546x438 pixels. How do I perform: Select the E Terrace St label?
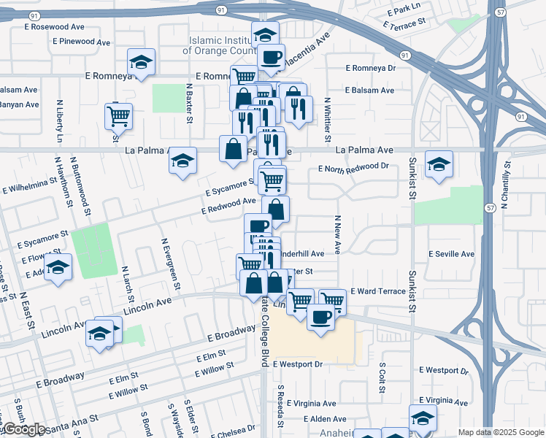[404, 24]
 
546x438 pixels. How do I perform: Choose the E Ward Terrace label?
[377, 291]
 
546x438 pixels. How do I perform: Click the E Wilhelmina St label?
[30, 185]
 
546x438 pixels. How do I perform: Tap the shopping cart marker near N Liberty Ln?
[118, 115]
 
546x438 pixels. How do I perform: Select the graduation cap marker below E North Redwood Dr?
[439, 164]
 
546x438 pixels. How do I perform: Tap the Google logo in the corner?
[24, 429]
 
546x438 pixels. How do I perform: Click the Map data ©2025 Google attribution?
[500, 432]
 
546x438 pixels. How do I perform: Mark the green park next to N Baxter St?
[169, 98]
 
